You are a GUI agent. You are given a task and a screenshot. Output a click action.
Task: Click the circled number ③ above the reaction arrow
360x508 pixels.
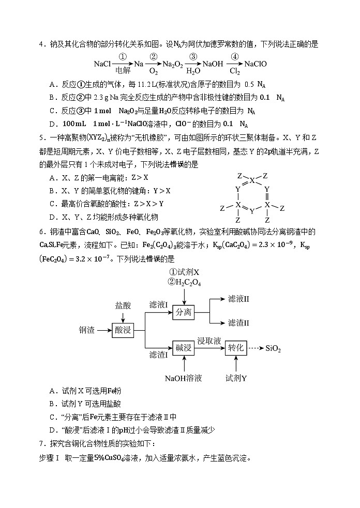tap(193, 57)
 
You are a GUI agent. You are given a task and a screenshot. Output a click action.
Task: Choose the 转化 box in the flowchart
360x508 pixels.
tap(236, 348)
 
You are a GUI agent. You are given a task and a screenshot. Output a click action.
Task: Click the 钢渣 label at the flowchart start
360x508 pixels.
tap(87, 330)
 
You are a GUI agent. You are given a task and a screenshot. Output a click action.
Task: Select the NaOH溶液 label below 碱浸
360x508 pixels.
tap(184, 378)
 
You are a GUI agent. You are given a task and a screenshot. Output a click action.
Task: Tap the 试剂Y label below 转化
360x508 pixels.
tap(236, 378)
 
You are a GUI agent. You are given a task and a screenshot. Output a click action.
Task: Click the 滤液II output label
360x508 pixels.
tap(238, 299)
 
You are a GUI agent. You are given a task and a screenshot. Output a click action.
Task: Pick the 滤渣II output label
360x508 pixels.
tap(238, 322)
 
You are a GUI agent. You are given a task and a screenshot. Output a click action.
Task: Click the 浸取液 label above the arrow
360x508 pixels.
tap(209, 341)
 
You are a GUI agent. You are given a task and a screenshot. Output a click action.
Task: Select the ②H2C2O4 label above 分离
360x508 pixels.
tap(184, 282)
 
